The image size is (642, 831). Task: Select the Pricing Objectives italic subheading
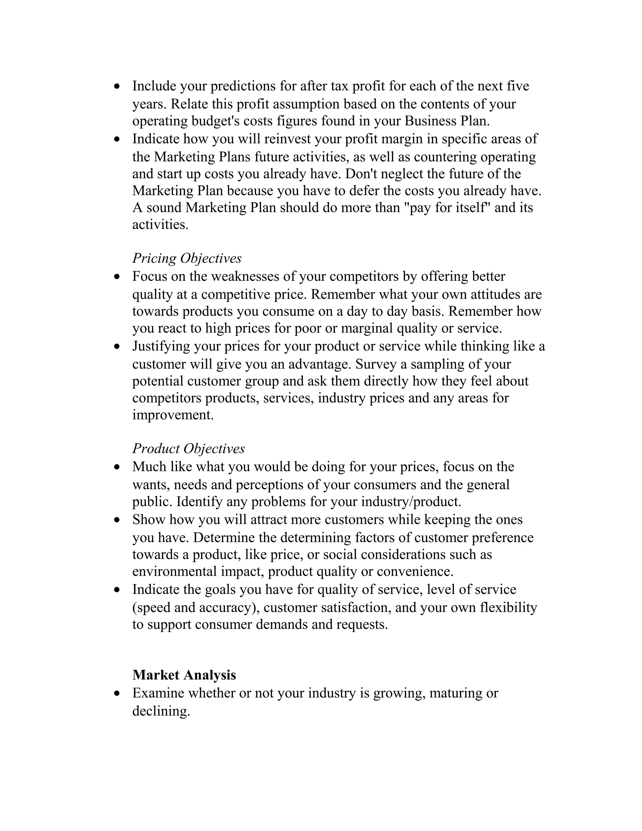point(187,258)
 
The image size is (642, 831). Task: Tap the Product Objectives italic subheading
point(189,449)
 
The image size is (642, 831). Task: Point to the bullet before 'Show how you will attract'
point(117,520)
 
